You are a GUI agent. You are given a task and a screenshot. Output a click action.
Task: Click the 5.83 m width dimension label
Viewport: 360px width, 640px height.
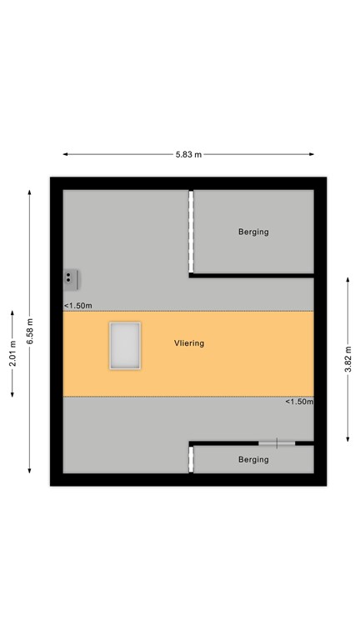pyautogui.click(x=189, y=155)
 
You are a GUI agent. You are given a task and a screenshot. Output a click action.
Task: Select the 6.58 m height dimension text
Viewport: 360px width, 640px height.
pyautogui.click(x=30, y=332)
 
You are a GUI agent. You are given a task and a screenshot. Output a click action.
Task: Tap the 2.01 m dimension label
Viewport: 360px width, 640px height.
pyautogui.click(x=12, y=354)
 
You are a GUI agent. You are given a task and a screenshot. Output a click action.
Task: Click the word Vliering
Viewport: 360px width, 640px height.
pyautogui.click(x=189, y=342)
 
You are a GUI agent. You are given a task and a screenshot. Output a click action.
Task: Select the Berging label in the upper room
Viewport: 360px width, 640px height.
pyautogui.click(x=253, y=232)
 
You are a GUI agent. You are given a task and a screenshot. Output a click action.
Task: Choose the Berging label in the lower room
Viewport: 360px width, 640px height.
pyautogui.click(x=253, y=459)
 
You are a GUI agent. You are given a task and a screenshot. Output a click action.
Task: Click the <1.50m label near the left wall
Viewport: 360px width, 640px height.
pyautogui.click(x=77, y=306)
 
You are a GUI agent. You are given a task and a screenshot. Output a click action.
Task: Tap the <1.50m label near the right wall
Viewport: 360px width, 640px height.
pyautogui.click(x=299, y=402)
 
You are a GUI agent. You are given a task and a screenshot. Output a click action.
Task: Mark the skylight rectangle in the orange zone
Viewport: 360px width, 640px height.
pyautogui.click(x=125, y=346)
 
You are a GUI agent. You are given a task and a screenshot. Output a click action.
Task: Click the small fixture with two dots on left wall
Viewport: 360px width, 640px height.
pyautogui.click(x=71, y=277)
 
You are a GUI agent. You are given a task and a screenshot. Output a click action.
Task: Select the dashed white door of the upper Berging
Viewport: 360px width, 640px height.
pyautogui.click(x=191, y=232)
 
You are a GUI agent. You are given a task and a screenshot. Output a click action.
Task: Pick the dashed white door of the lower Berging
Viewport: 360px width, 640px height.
pyautogui.click(x=191, y=459)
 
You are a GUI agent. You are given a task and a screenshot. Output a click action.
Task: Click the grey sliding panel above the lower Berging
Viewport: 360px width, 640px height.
pyautogui.click(x=276, y=442)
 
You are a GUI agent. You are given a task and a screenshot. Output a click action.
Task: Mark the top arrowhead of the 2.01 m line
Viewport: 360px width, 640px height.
pyautogui.click(x=12, y=313)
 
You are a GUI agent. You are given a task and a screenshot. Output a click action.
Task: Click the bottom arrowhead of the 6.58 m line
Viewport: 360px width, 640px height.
pyautogui.click(x=30, y=472)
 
